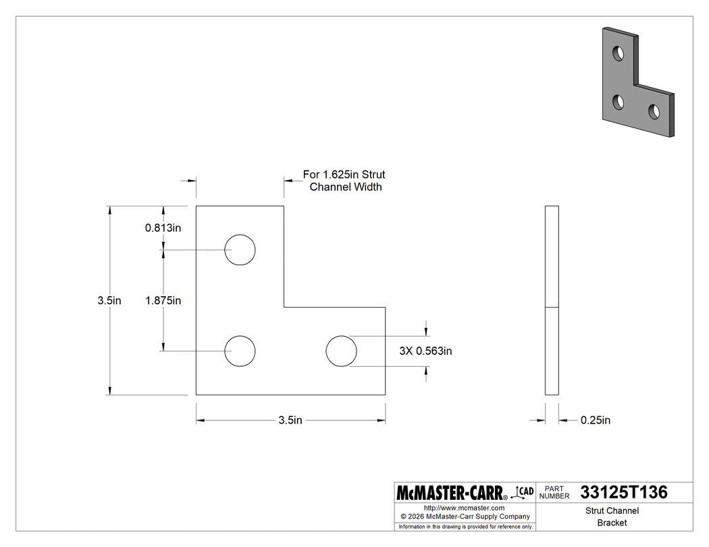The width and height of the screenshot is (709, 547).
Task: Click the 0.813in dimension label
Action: (x=163, y=228)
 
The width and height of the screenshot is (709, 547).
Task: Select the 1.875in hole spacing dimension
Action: (x=163, y=301)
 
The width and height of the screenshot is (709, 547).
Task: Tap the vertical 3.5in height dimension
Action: (x=109, y=301)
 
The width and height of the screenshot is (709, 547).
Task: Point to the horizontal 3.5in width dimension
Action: (x=290, y=421)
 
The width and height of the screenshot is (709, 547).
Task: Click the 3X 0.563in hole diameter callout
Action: (x=425, y=351)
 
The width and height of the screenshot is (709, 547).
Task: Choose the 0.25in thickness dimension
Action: (x=595, y=421)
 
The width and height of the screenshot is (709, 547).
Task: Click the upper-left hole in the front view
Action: (x=240, y=250)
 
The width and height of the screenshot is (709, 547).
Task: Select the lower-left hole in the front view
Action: (x=240, y=351)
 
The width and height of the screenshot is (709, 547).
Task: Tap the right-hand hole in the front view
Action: (x=341, y=351)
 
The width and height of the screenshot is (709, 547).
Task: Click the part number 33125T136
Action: (x=623, y=493)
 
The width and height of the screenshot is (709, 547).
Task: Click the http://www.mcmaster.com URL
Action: (x=464, y=508)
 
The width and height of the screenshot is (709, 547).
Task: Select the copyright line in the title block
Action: (x=465, y=517)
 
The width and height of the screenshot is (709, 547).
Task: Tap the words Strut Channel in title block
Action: (x=611, y=511)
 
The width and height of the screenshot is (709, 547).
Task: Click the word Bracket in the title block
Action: (x=611, y=523)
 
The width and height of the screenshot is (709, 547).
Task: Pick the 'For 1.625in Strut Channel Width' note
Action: (x=344, y=181)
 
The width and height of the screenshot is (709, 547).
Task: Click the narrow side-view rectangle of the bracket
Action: (x=552, y=300)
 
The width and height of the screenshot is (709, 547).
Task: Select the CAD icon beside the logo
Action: (x=524, y=492)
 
